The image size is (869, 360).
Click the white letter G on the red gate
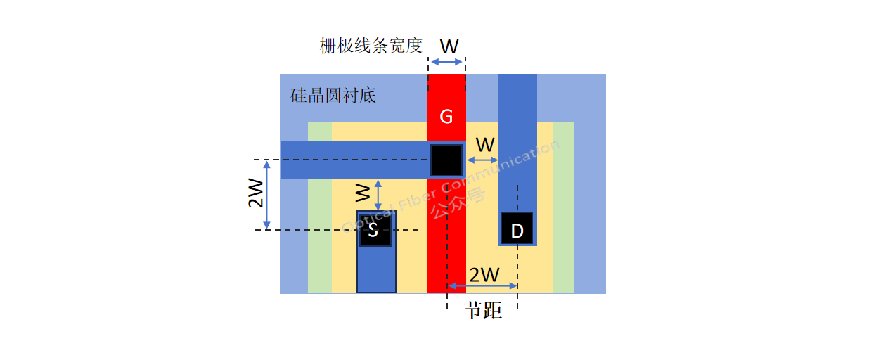(446, 117)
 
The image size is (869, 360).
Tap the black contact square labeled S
(375, 230)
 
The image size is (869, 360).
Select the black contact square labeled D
(516, 229)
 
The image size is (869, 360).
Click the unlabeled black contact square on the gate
(446, 160)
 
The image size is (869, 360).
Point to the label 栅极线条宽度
(371, 46)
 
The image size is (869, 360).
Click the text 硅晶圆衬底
(333, 96)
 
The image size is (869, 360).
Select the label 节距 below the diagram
(483, 310)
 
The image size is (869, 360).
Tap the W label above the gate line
(449, 46)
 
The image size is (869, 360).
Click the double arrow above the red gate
(446, 62)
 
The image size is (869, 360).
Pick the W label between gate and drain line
(485, 145)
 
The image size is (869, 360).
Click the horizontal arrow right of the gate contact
(482, 160)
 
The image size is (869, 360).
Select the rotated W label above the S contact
(363, 193)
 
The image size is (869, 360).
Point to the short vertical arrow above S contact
(378, 195)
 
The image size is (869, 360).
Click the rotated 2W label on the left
(256, 193)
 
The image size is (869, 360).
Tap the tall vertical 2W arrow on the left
(266, 195)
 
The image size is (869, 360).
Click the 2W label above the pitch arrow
(484, 275)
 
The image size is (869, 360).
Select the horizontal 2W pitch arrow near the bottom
(482, 286)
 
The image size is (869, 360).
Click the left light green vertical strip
(320, 207)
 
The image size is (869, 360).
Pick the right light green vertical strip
(563, 207)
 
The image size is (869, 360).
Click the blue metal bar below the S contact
(376, 269)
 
